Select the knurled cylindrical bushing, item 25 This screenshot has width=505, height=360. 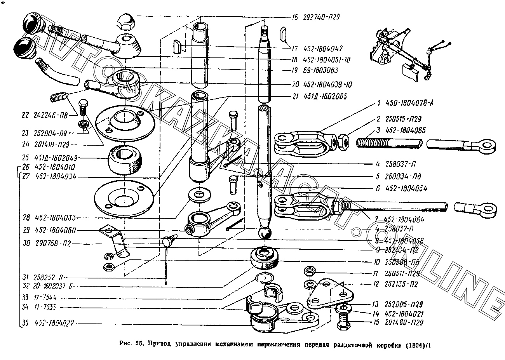tap(125, 160)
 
